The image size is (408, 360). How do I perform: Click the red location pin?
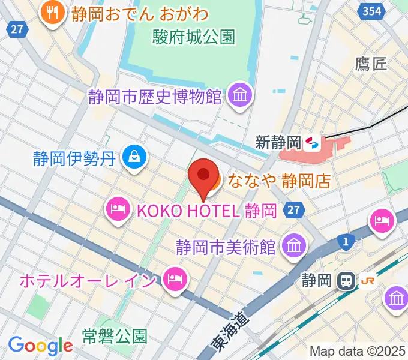point(203,176)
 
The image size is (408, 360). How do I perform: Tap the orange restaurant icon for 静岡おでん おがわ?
point(53,13)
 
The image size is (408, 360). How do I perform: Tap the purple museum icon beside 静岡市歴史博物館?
point(240,95)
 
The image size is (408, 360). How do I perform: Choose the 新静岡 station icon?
point(313,143)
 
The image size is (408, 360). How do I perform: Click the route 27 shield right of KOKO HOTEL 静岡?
point(293,210)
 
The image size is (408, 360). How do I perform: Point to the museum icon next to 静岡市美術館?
point(294,245)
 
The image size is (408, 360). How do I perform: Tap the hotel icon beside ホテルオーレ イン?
point(174,278)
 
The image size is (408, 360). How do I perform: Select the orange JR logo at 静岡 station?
point(367,280)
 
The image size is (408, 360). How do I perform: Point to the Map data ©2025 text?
point(357,351)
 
